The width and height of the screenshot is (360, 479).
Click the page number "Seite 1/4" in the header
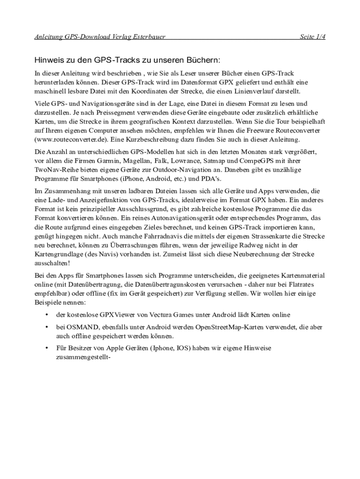pos(312,37)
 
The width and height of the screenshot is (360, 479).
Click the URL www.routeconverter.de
pos(73,140)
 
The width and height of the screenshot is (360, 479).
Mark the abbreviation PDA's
pos(212,179)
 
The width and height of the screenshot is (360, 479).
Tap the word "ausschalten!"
pos(52,263)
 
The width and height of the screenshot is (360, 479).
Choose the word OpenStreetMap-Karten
pos(228,327)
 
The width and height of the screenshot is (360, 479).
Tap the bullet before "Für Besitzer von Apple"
pos(46,348)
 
